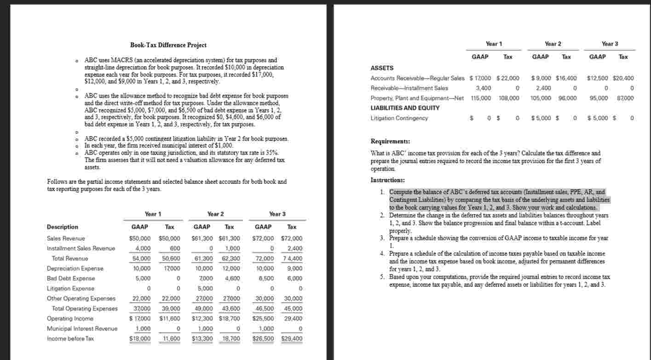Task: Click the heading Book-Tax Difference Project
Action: tap(168, 45)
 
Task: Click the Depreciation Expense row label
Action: tap(75, 269)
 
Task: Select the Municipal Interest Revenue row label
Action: tap(82, 329)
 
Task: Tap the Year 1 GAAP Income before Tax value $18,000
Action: tap(139, 339)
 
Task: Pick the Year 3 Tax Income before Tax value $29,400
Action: tap(292, 339)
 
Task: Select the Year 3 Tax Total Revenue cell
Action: tap(291, 258)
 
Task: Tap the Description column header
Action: tap(63, 227)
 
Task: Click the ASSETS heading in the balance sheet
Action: tap(382, 68)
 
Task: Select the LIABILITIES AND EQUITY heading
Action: tap(405, 108)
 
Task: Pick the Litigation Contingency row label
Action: tap(399, 118)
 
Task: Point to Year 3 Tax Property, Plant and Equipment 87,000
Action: tap(624, 98)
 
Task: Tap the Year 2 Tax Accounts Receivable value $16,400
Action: tap(566, 78)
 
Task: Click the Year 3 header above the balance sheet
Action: tap(610, 44)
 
